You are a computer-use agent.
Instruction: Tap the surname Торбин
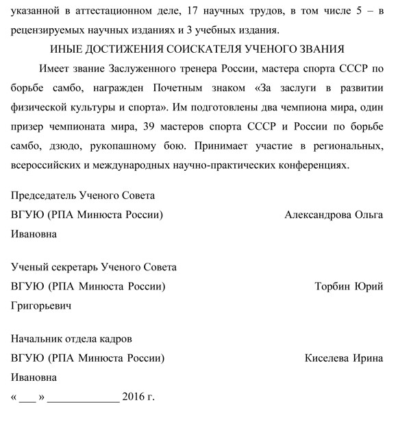coord(332,286)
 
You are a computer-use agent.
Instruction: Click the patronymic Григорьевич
coord(41,305)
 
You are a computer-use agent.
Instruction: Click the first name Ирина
coord(369,358)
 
